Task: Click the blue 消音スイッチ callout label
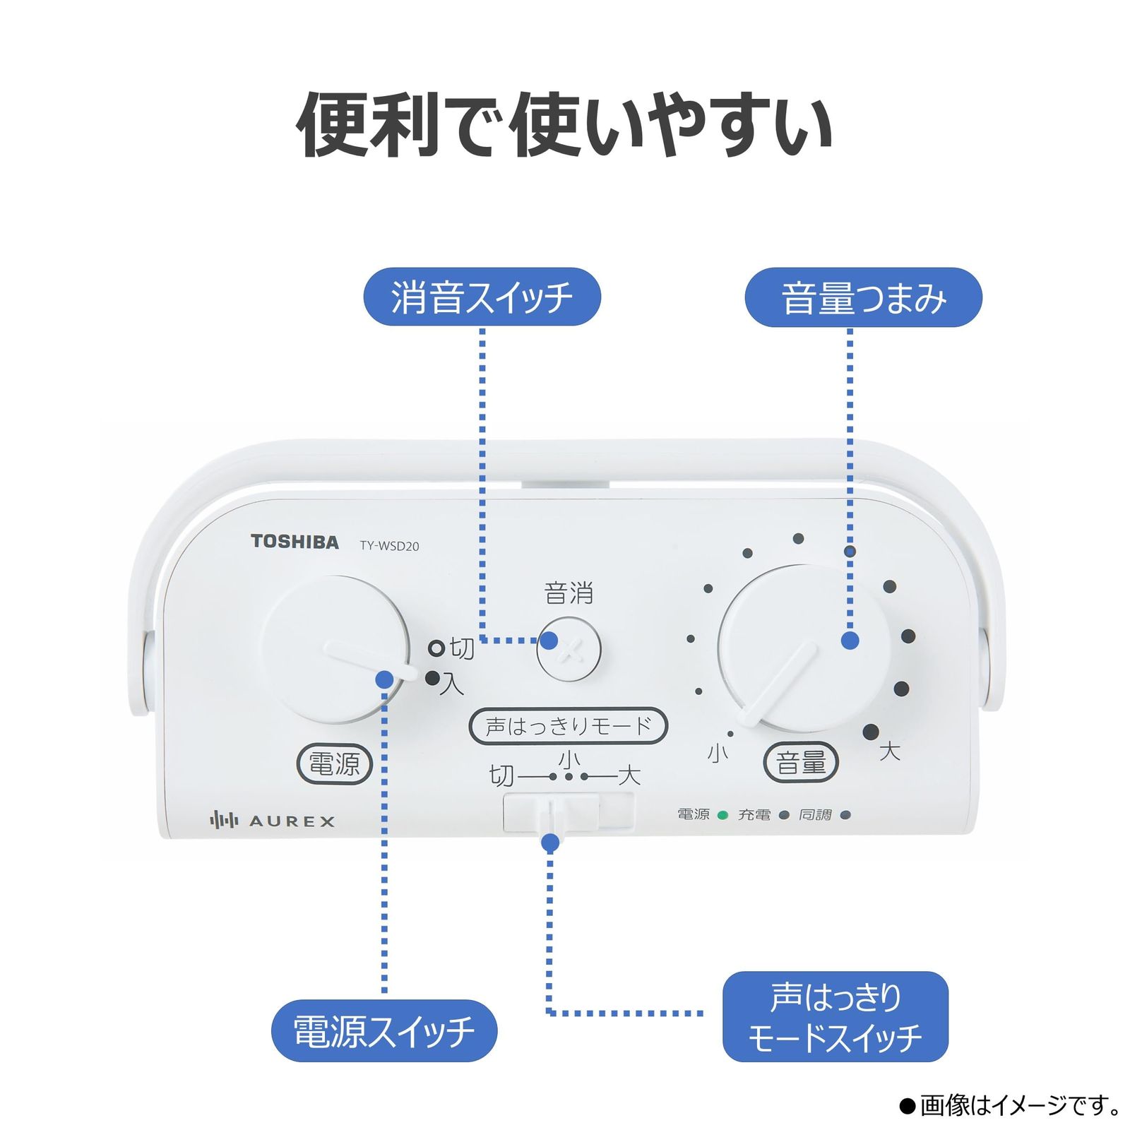point(482,297)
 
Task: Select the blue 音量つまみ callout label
point(863,297)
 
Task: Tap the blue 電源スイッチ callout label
point(384,1030)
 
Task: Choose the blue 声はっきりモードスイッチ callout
point(835,1016)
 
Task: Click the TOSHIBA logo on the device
point(295,542)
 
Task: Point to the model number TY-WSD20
point(389,546)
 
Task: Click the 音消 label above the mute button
point(569,593)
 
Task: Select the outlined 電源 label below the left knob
point(334,763)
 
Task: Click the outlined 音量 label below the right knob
point(801,763)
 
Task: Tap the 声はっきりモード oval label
point(568,726)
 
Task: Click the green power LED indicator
point(722,815)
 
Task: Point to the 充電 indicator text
point(754,815)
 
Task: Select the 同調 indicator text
point(815,815)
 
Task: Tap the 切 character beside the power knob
point(462,648)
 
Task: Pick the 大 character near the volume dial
point(890,751)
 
